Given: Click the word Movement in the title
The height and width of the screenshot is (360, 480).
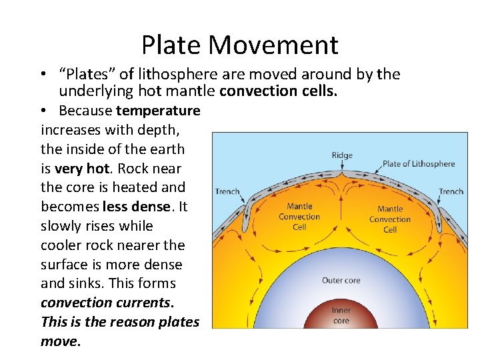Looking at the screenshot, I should [273, 45].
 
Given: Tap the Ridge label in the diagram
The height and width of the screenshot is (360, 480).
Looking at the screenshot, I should [342, 155].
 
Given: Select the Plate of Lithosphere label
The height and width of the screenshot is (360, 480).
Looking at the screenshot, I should [419, 163].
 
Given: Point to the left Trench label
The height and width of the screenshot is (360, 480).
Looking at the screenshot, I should [227, 191].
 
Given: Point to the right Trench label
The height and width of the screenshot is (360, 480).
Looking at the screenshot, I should [451, 191].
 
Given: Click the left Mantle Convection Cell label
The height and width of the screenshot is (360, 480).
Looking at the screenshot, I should [299, 217].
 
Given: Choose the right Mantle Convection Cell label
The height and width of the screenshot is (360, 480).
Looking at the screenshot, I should [390, 219].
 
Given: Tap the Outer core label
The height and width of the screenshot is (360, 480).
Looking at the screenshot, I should [341, 280].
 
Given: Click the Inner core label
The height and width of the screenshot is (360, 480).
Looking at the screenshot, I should [341, 315].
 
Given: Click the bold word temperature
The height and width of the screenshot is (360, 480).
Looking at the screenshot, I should [158, 110].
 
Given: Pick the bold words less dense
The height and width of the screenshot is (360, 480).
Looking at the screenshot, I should [134, 207].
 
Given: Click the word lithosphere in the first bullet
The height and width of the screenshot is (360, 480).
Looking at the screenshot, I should [164, 74].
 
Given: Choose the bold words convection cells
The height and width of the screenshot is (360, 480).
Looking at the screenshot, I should [278, 91].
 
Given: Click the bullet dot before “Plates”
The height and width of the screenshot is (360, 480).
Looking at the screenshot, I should [42, 75].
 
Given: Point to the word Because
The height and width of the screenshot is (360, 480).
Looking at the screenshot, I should [85, 110].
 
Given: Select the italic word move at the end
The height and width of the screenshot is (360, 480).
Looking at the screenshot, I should [60, 341].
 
